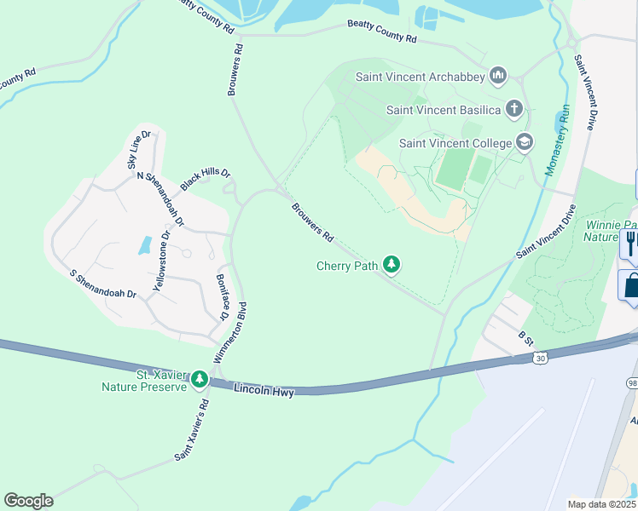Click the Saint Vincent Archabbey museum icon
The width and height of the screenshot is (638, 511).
[x=498, y=78]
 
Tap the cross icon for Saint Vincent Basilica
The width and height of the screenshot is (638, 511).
[x=513, y=109]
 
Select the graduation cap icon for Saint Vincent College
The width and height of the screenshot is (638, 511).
[x=525, y=142]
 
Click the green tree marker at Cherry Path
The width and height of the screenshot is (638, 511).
[x=391, y=266]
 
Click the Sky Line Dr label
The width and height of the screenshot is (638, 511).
[x=138, y=148]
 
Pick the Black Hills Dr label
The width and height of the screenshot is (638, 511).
[x=205, y=179]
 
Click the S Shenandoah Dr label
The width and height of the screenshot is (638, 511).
[x=103, y=284]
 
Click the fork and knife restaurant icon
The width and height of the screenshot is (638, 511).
[x=629, y=244]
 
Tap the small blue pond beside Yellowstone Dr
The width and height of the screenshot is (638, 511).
[x=144, y=246]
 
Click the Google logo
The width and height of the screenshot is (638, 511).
[x=28, y=500]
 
